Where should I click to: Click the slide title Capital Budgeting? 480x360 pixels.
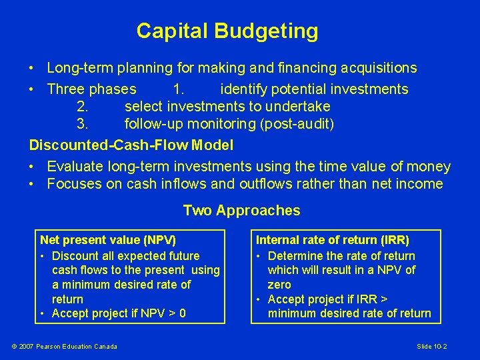click(x=227, y=31)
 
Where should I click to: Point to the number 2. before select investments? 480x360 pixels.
click(x=83, y=107)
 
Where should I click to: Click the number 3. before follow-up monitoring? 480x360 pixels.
click(x=83, y=124)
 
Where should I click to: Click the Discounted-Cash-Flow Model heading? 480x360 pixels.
click(x=131, y=145)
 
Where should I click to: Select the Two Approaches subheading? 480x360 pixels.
click(x=241, y=211)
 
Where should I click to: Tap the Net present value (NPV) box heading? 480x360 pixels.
click(x=108, y=239)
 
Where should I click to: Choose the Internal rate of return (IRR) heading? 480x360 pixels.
click(x=333, y=239)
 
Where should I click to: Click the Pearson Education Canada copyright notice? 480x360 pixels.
click(x=65, y=346)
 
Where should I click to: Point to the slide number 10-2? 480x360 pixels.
click(x=431, y=346)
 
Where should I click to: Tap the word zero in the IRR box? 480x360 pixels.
click(x=279, y=285)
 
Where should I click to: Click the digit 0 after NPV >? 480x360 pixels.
click(x=182, y=313)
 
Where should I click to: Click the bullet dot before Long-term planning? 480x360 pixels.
click(x=32, y=69)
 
